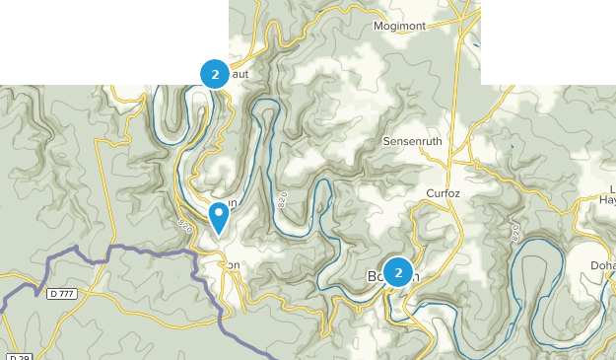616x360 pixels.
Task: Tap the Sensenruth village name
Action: pyautogui.click(x=415, y=142)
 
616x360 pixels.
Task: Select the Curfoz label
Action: pyautogui.click(x=443, y=193)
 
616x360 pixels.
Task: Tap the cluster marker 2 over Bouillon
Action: pyautogui.click(x=398, y=271)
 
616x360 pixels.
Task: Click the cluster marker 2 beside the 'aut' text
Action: pyautogui.click(x=214, y=73)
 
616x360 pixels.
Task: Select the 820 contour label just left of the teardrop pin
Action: pyautogui.click(x=184, y=226)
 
